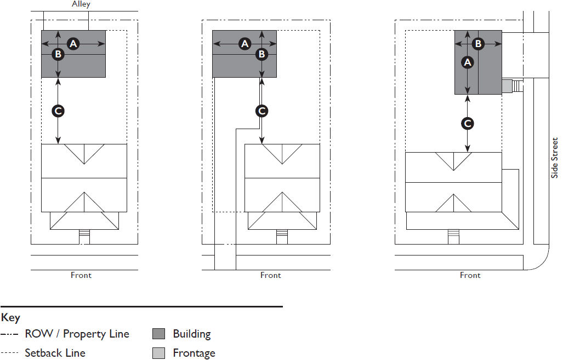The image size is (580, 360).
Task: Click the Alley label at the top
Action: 81,4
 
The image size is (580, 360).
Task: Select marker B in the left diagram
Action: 58,54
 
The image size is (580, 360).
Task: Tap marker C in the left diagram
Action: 58,111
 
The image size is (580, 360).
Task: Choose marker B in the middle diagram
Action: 261,54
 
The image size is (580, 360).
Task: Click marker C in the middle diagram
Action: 261,111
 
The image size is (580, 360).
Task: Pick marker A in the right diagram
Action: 467,62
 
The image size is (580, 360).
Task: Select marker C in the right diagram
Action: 468,124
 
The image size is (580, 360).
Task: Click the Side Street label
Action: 555,158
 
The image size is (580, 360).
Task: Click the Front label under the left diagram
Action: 81,275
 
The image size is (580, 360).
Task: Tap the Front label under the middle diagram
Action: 271,275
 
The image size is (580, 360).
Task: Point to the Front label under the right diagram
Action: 470,275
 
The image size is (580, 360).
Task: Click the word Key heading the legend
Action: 10,318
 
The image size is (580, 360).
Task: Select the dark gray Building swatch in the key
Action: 158,334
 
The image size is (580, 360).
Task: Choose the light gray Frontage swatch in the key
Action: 158,353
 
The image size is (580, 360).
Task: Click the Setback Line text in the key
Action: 55,353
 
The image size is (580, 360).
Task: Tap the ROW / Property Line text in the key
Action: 77,334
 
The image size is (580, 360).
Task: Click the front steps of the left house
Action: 84,236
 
